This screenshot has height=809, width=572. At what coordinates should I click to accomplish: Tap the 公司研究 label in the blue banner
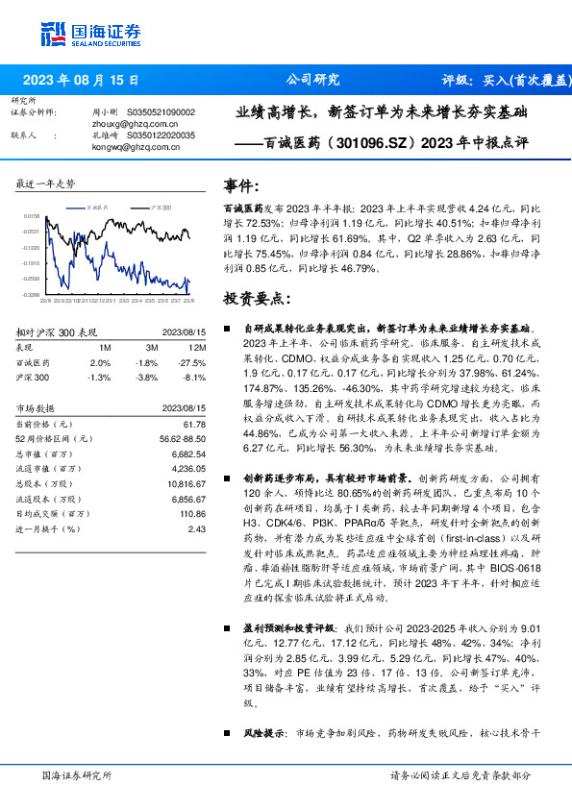(313, 80)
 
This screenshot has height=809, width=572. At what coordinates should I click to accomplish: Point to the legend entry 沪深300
(162, 208)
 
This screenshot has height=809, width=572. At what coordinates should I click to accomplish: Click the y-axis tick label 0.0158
(32, 217)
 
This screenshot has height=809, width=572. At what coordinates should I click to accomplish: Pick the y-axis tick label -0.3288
(32, 294)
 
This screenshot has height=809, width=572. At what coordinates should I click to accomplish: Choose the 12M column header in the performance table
(200, 347)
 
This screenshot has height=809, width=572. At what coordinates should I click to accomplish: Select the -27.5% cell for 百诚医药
(195, 363)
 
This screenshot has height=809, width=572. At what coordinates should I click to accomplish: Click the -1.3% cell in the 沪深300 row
(99, 379)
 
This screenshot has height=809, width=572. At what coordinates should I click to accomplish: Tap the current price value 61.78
(196, 424)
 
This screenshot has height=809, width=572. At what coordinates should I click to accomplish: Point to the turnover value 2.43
(198, 528)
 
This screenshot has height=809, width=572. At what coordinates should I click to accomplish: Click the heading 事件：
(242, 185)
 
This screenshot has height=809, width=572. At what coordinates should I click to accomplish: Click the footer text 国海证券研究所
(77, 774)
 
